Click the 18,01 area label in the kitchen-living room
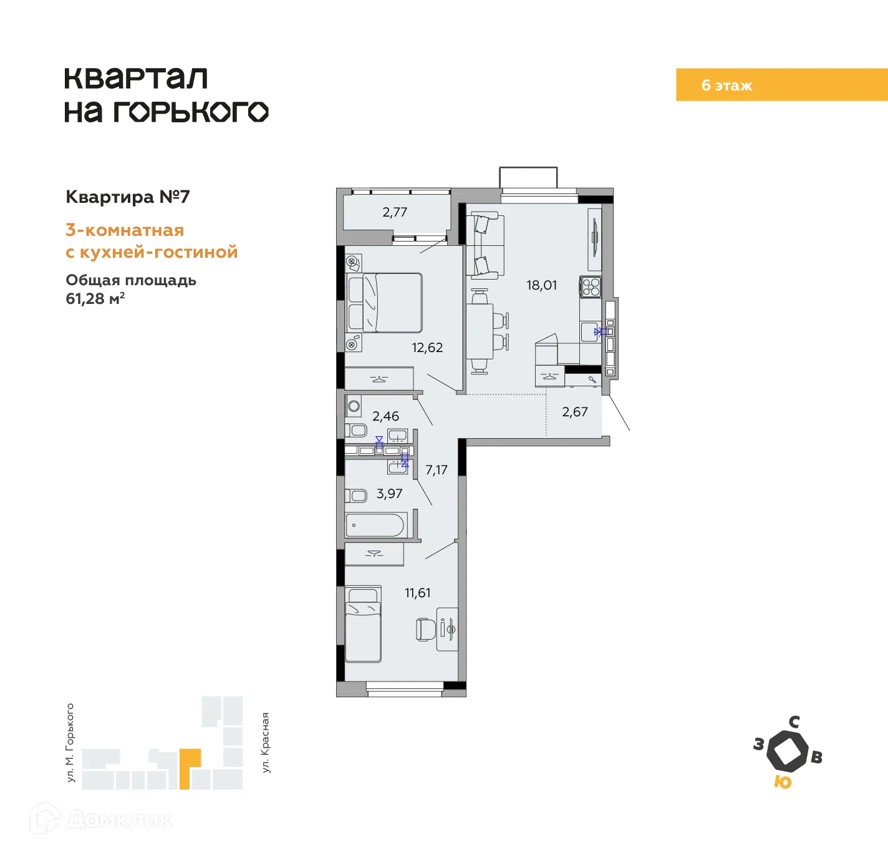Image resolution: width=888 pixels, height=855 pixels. coord(541,285)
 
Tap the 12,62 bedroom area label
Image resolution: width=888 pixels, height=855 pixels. coord(427,348)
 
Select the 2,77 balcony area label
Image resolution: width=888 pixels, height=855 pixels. coord(395,212)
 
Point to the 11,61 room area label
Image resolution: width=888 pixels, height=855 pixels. coord(417,593)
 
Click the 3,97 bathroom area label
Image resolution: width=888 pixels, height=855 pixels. coord(389,494)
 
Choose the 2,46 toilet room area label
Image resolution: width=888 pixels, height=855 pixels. coord(385,416)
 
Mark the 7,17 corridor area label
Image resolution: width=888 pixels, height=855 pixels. coord(436,470)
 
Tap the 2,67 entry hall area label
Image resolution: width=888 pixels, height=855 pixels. coord(574,412)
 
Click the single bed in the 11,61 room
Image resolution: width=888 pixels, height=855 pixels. coord(363,625)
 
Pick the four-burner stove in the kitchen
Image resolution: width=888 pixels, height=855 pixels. coord(591,287)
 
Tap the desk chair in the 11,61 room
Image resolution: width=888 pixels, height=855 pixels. coord(426,629)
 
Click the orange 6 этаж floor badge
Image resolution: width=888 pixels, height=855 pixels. coord(781,85)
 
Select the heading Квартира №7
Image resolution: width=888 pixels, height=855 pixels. coord(128,197)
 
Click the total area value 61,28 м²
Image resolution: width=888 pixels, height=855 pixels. coord(95,299)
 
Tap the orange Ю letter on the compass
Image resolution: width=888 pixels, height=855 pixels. coord(782,782)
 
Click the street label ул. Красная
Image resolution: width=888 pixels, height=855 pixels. coord(266,743)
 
